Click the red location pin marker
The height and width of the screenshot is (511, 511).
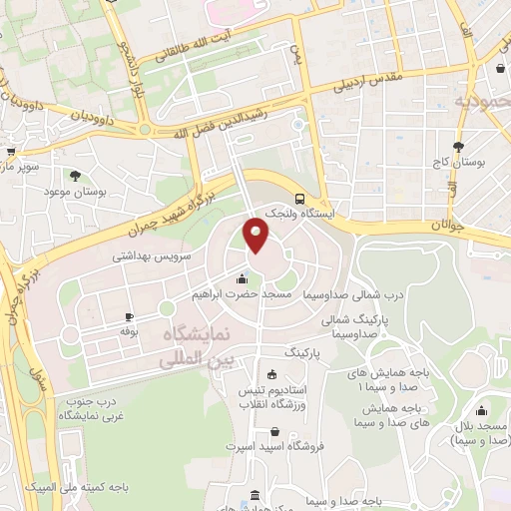tap(256, 236)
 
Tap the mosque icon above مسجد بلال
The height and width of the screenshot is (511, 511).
tap(482, 411)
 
